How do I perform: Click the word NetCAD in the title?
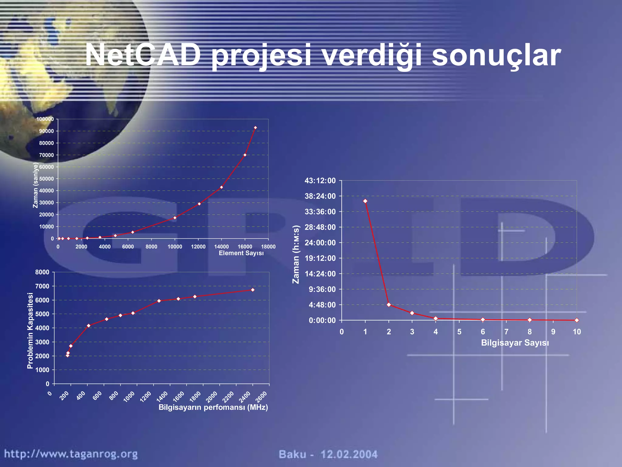coord(143,55)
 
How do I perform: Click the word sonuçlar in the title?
coord(496,56)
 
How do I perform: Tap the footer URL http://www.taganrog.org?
coord(71,454)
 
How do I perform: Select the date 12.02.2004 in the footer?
coord(349,455)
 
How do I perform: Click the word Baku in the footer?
coord(292,455)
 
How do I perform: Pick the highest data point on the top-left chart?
coord(255,128)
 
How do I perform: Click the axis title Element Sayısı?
coord(241,253)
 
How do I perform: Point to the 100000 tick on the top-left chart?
coord(45,119)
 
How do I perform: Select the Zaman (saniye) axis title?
coord(36,185)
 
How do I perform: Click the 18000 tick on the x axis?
coord(268,247)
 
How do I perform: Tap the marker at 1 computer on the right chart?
coord(365,201)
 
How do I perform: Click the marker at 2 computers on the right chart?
coord(389,304)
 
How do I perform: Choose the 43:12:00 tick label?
coord(320,181)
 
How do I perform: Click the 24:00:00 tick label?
coord(320,243)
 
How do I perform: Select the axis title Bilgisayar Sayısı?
coord(515,343)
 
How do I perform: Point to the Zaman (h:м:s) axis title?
coord(296,254)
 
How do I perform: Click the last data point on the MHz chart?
coord(253,290)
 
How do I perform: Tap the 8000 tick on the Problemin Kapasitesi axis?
coord(42,272)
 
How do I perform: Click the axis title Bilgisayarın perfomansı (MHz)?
coord(213,407)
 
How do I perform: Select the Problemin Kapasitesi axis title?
coord(30,330)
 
